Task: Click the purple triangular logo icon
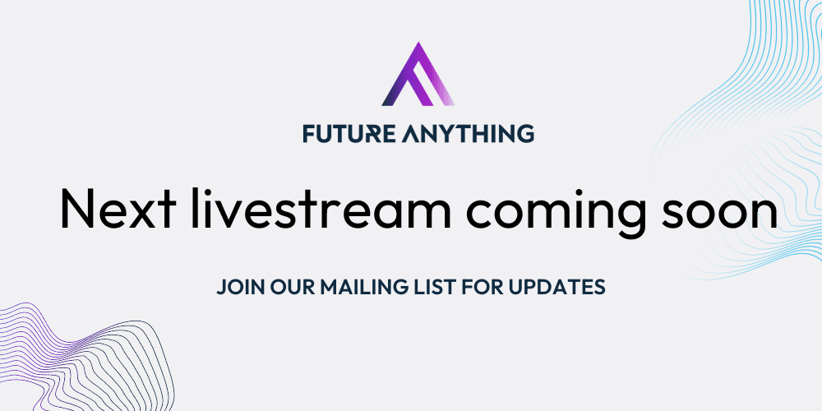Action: click(x=417, y=76)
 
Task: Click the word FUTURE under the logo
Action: click(x=344, y=132)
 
